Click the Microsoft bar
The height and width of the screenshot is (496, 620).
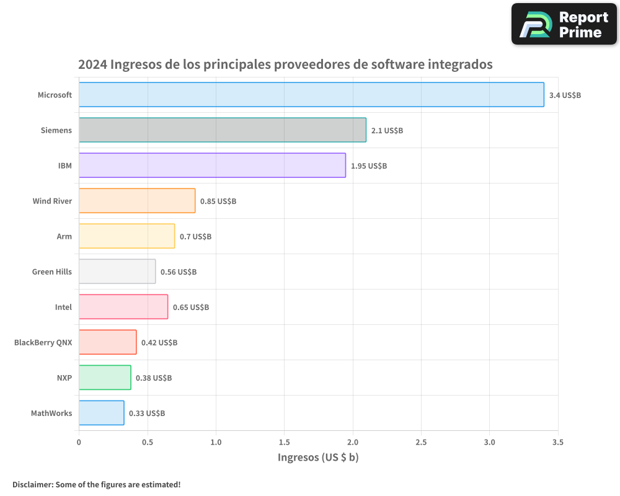tap(311, 95)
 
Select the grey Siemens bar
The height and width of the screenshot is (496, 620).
tap(222, 130)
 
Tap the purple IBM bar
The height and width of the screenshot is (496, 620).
tap(212, 166)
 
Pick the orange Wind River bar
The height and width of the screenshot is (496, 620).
tap(137, 201)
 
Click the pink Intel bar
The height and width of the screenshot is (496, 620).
tap(123, 307)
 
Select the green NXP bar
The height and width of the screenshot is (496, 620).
tap(105, 378)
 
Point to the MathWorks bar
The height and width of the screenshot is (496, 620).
tap(101, 413)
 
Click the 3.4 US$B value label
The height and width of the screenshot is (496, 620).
tap(565, 95)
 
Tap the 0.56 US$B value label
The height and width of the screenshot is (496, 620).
tap(179, 272)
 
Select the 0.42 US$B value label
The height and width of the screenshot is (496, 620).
tap(159, 343)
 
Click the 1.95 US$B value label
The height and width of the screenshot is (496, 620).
tap(369, 166)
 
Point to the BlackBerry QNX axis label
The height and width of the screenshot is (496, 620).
tap(43, 342)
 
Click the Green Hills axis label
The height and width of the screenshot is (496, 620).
tap(52, 272)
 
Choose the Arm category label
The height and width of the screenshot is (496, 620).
tap(64, 236)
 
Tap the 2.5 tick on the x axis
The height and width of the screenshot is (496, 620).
tap(421, 443)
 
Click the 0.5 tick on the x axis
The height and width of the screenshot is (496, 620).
tap(148, 443)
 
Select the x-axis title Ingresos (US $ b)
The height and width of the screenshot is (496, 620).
tap(318, 458)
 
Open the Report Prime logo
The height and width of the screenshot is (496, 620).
tap(564, 24)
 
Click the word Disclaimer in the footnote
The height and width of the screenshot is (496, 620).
tap(32, 484)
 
